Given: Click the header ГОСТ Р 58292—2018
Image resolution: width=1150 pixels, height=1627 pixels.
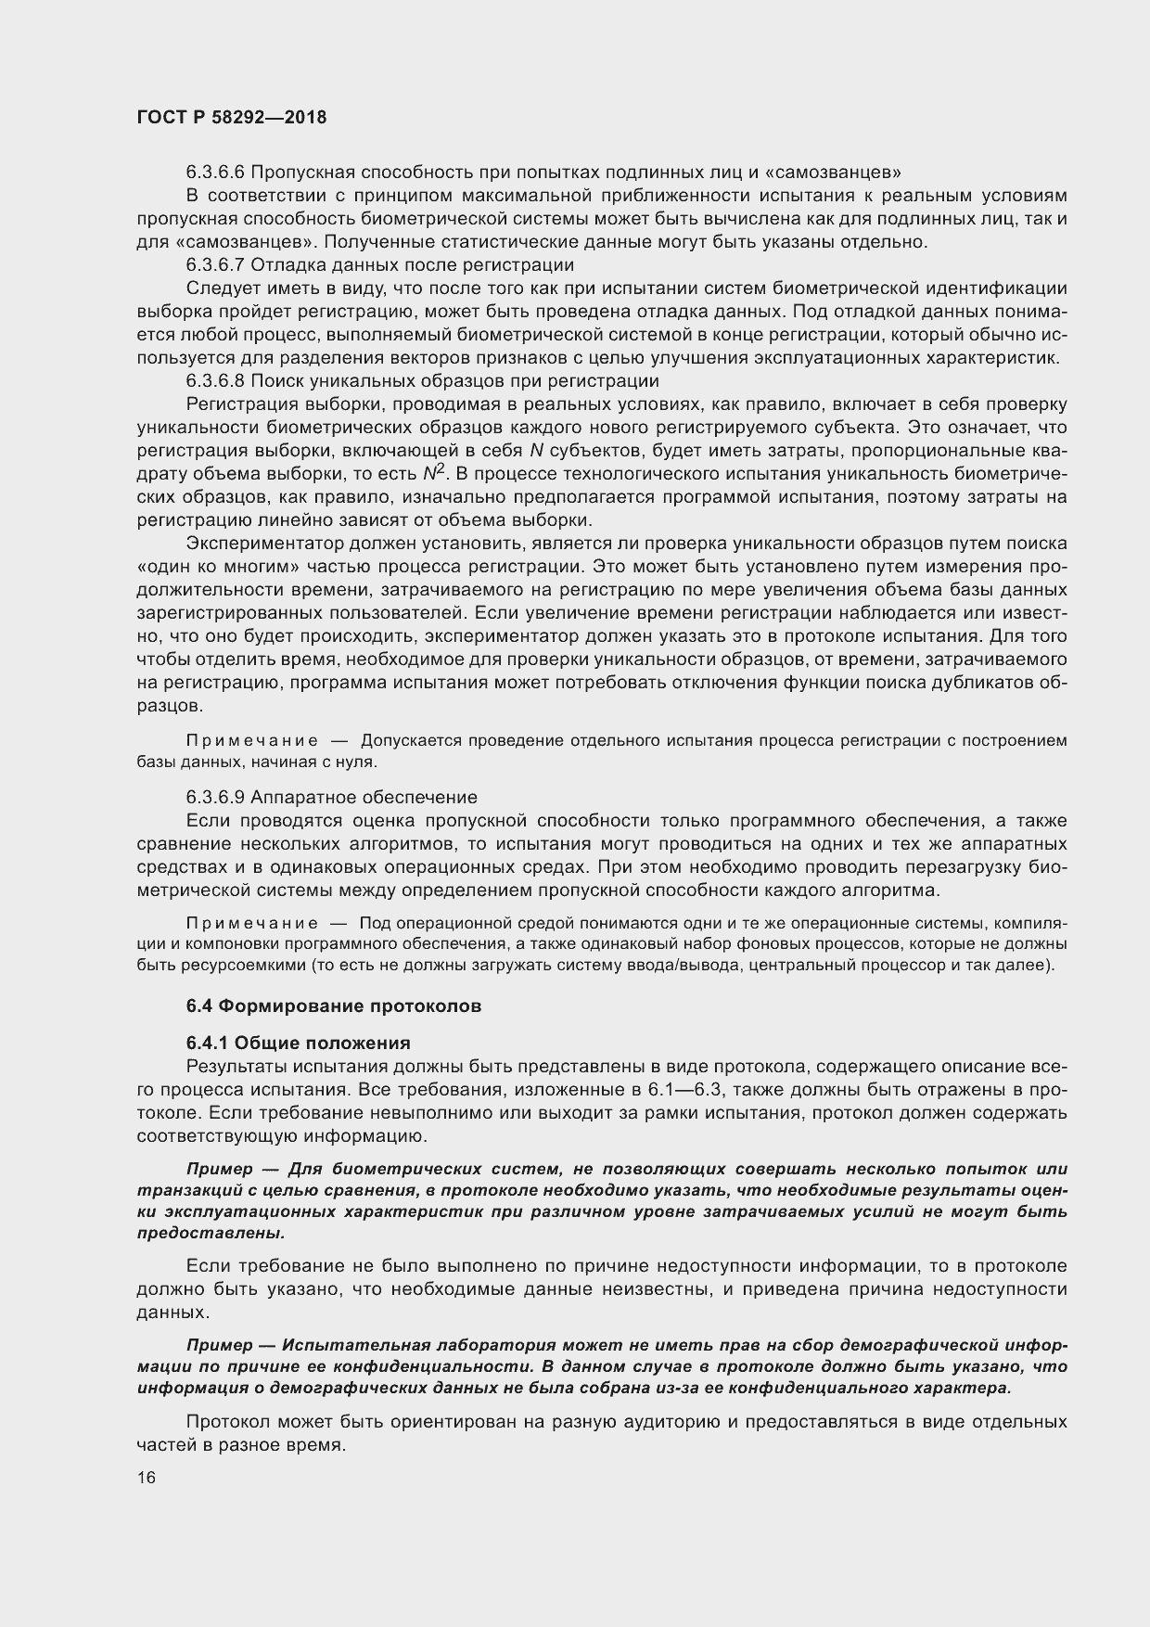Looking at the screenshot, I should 231,119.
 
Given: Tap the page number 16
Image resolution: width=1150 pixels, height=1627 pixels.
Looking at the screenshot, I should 147,1478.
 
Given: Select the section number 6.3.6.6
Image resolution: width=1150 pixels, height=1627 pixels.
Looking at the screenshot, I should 215,172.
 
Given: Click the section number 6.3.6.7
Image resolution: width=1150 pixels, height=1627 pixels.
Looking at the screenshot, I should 215,265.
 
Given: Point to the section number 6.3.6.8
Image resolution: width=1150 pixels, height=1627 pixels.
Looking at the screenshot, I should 215,381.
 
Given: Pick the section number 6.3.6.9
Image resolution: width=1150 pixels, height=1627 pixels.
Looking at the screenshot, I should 215,797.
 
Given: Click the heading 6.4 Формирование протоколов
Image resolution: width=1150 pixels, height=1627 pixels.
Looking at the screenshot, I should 334,1006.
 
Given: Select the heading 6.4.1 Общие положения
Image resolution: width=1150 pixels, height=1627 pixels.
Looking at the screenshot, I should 299,1043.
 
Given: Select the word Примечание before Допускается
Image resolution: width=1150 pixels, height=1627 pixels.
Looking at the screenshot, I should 252,740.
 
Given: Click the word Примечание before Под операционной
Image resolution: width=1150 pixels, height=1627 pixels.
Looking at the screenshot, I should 252,923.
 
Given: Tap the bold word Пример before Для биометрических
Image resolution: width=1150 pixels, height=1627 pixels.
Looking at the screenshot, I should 220,1169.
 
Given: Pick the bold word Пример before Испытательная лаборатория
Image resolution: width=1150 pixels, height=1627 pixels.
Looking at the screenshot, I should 220,1345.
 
